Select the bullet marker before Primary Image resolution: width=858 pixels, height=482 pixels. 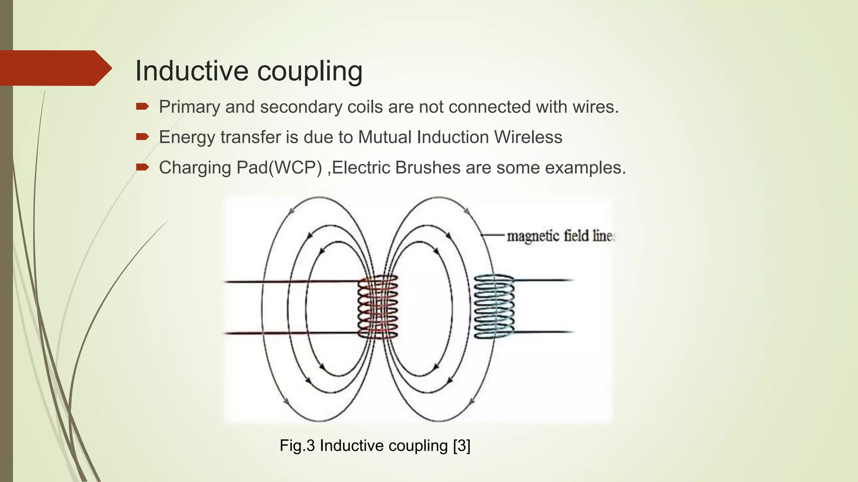tap(142, 107)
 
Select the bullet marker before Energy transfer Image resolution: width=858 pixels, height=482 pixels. tap(142, 137)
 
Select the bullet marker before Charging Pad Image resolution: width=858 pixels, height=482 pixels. tap(142, 167)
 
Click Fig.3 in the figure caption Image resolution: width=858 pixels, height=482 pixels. tap(297, 446)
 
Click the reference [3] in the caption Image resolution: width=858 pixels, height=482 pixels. tap(462, 446)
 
